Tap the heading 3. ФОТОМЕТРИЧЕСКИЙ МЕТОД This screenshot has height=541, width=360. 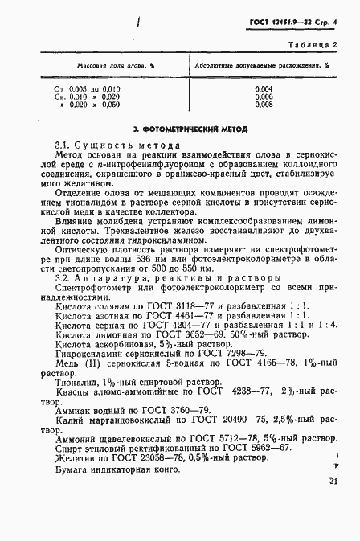pos(190,129)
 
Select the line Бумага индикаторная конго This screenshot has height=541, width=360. pos(117,470)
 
